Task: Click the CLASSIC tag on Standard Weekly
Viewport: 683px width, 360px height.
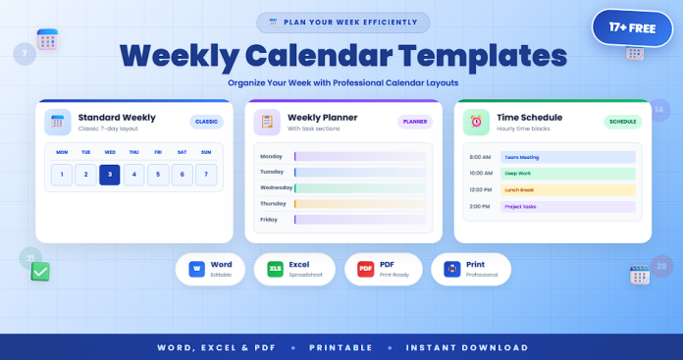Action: [x=207, y=122]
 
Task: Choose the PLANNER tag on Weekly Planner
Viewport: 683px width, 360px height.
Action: [x=415, y=122]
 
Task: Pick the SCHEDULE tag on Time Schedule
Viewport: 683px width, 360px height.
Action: [x=622, y=122]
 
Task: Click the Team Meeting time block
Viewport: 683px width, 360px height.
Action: [x=567, y=157]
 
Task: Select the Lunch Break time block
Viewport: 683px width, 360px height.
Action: [x=567, y=190]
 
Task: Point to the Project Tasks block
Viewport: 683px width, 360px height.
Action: [x=567, y=207]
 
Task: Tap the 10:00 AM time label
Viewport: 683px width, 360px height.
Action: [x=481, y=174]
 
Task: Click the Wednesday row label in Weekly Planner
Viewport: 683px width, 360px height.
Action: [x=275, y=187]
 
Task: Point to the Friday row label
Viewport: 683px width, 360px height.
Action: [x=270, y=220]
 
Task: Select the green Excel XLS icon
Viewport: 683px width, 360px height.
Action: [x=275, y=268]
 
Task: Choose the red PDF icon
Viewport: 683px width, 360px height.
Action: [x=365, y=268]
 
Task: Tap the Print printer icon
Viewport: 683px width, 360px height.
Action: [x=451, y=268]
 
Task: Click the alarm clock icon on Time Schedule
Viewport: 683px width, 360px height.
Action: [x=476, y=122]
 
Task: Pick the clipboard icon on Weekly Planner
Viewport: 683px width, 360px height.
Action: [x=267, y=122]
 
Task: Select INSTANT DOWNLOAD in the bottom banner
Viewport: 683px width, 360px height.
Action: [x=467, y=347]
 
